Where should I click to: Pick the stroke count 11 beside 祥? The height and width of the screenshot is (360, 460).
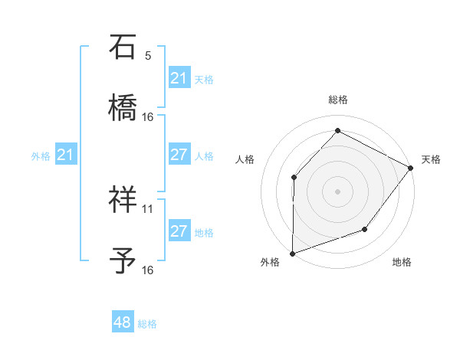click(x=148, y=208)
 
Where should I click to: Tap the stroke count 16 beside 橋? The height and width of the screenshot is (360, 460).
click(x=148, y=116)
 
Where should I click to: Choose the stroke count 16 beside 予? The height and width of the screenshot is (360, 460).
click(x=148, y=270)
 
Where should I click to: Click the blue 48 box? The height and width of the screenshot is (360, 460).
click(x=123, y=322)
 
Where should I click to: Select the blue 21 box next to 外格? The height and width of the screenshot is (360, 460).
click(x=66, y=155)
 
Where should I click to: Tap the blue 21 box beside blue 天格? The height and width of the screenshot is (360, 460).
click(x=179, y=78)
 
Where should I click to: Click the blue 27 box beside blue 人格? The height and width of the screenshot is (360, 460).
click(x=179, y=155)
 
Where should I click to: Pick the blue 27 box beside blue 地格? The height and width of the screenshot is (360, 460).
click(x=179, y=231)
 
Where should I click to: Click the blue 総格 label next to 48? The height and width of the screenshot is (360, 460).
click(x=147, y=324)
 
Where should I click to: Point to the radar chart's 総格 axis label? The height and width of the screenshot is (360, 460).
click(x=338, y=100)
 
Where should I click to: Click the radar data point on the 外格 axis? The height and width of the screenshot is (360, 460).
click(x=292, y=254)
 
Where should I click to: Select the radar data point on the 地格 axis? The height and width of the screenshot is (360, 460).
click(x=365, y=229)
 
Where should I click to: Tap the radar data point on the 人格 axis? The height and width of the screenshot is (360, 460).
click(x=294, y=178)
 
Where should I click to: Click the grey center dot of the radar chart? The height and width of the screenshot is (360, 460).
click(x=337, y=191)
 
